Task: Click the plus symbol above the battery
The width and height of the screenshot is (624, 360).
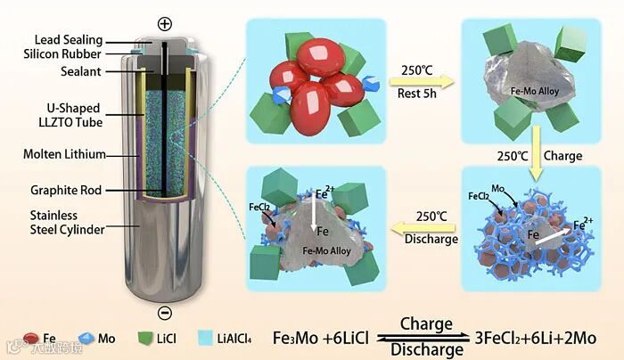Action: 163,23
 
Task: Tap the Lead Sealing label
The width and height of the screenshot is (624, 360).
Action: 70,40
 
